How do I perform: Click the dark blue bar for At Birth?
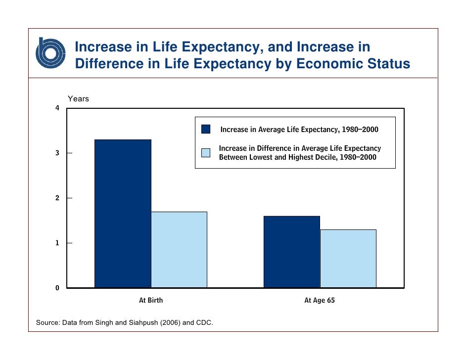click(x=123, y=213)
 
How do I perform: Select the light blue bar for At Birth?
click(x=179, y=250)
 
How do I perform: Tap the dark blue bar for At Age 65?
click(x=291, y=252)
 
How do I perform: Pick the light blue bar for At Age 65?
click(x=348, y=258)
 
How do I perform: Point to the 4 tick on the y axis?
click(x=58, y=108)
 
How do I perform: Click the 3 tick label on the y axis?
click(x=58, y=153)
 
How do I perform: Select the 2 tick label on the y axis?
click(x=58, y=198)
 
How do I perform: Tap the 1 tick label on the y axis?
click(x=58, y=243)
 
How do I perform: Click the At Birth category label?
click(x=151, y=300)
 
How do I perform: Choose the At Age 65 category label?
click(x=320, y=300)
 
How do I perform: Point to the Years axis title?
click(x=78, y=99)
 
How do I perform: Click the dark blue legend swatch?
click(x=206, y=130)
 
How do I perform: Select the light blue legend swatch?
click(x=206, y=153)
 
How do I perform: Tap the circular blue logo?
click(x=50, y=53)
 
